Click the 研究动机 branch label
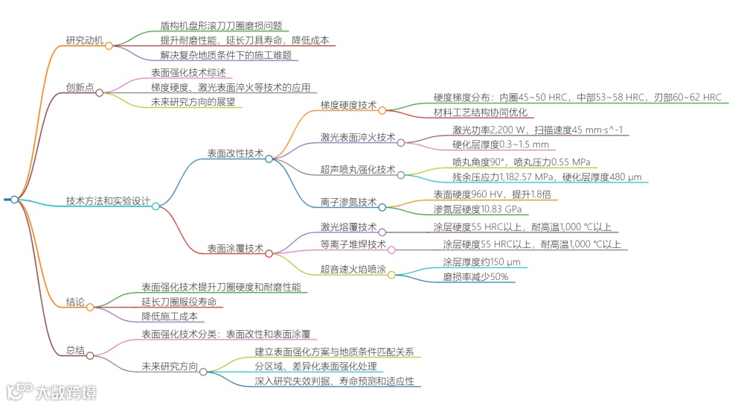click(x=84, y=40)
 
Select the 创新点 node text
click(x=80, y=87)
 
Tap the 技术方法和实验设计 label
click(x=108, y=201)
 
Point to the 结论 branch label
click(x=75, y=302)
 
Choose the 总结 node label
click(x=75, y=350)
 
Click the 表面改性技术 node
click(x=235, y=153)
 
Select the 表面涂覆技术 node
click(x=235, y=248)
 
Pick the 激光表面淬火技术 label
click(x=358, y=137)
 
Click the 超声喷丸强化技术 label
click(x=358, y=170)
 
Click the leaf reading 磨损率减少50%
click(x=476, y=277)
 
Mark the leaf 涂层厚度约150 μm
click(x=481, y=261)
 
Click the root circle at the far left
click(x=14, y=200)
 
